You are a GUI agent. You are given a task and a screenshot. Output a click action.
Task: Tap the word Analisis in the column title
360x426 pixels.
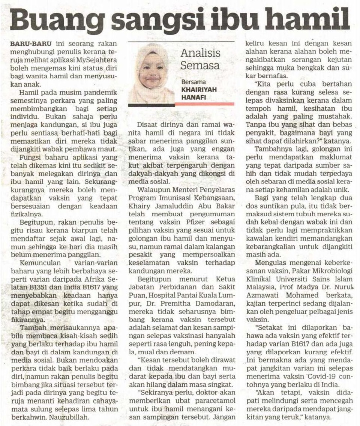click(200, 53)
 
